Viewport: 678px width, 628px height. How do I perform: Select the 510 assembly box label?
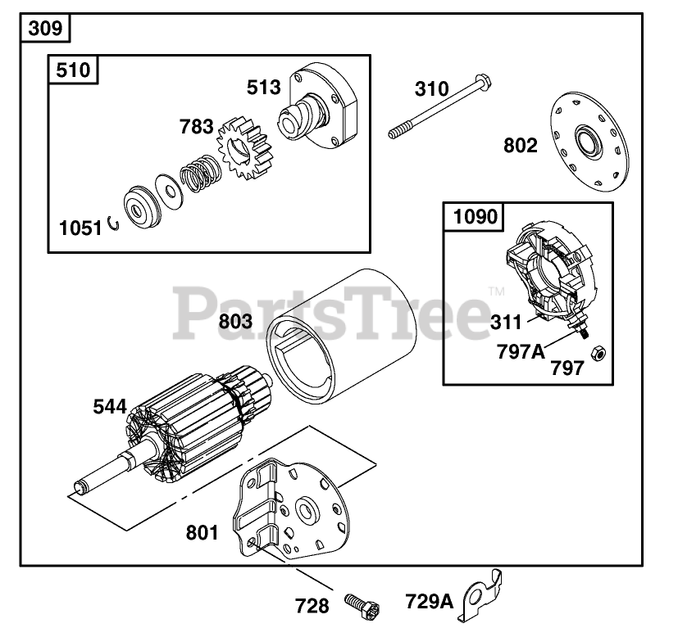[74, 70]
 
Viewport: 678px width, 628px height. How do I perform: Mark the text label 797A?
[520, 351]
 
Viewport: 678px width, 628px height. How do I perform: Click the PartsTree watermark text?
[336, 311]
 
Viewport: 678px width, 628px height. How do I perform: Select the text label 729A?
[429, 602]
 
